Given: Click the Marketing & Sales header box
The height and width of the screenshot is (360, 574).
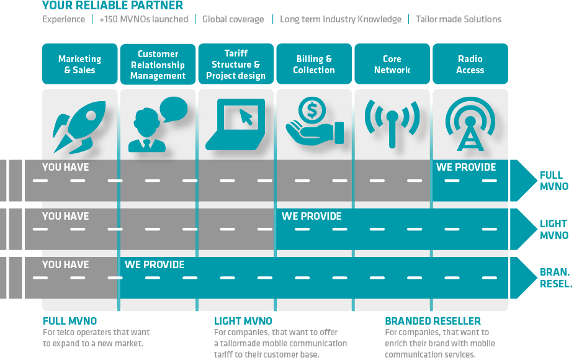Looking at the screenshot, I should click(x=79, y=64).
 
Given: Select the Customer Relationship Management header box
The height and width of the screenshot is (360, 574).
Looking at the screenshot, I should click(x=158, y=64).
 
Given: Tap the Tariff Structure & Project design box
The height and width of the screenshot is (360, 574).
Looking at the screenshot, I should click(x=236, y=64).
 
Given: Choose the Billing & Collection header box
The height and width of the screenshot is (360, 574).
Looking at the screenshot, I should click(x=314, y=64).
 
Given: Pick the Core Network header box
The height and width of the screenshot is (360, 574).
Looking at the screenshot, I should click(x=392, y=64).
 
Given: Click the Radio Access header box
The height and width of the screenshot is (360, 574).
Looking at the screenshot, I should click(x=470, y=64).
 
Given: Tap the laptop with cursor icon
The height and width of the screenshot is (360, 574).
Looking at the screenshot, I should click(x=236, y=125).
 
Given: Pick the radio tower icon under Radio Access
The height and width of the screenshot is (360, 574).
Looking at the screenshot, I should click(x=470, y=124).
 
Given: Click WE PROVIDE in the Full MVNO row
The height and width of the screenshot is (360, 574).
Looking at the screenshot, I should click(x=466, y=167).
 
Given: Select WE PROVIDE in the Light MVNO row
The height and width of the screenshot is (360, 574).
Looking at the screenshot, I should click(x=312, y=216).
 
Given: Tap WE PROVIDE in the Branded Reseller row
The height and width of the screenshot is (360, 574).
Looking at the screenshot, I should click(x=155, y=264).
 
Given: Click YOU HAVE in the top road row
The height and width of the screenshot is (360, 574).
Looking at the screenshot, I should click(x=65, y=167).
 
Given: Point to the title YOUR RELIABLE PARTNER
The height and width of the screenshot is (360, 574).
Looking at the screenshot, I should click(x=113, y=6).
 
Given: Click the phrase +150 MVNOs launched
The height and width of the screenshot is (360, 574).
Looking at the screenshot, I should click(x=143, y=19).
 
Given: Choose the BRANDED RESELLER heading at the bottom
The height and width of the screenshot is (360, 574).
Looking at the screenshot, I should click(x=433, y=321).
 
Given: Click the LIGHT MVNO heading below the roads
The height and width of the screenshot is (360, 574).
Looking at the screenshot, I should click(x=243, y=321).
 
